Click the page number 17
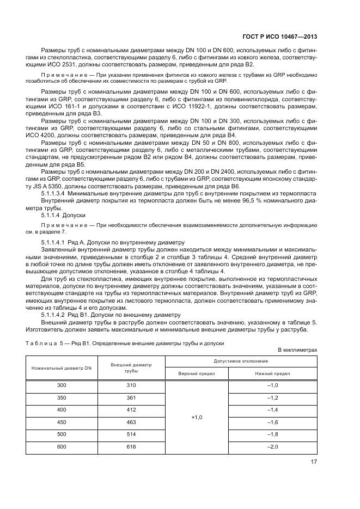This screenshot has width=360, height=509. [x=313, y=462]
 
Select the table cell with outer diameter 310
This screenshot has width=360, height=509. [x=131, y=385]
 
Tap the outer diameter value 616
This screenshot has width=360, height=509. [x=131, y=446]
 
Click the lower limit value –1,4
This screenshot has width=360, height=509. [x=272, y=409]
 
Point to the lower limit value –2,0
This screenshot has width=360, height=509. [x=272, y=446]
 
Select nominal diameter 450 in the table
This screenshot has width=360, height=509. [x=61, y=422]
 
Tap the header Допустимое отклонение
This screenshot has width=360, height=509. [x=240, y=361]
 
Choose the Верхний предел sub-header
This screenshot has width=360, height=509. [x=197, y=374]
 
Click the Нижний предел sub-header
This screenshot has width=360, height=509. [x=272, y=374]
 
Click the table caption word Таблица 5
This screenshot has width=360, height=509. [x=44, y=344]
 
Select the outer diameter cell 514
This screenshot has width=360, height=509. [x=131, y=434]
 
